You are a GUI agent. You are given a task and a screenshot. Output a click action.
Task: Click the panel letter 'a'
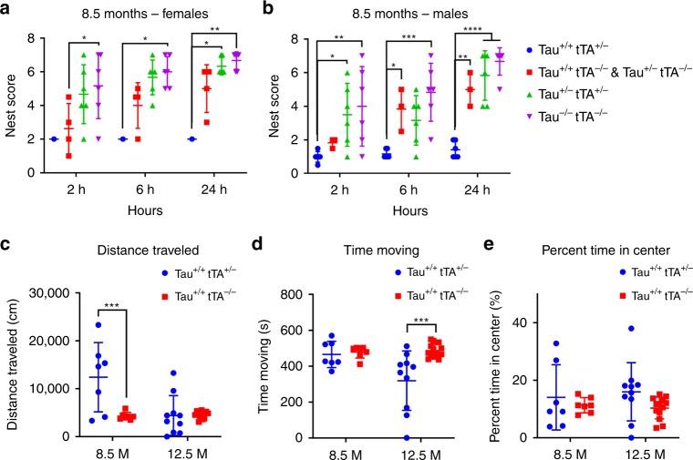click(6, 10)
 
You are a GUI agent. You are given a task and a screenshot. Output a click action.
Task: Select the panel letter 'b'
click(266, 10)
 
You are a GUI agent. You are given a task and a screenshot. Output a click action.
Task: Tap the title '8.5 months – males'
click(399, 13)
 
